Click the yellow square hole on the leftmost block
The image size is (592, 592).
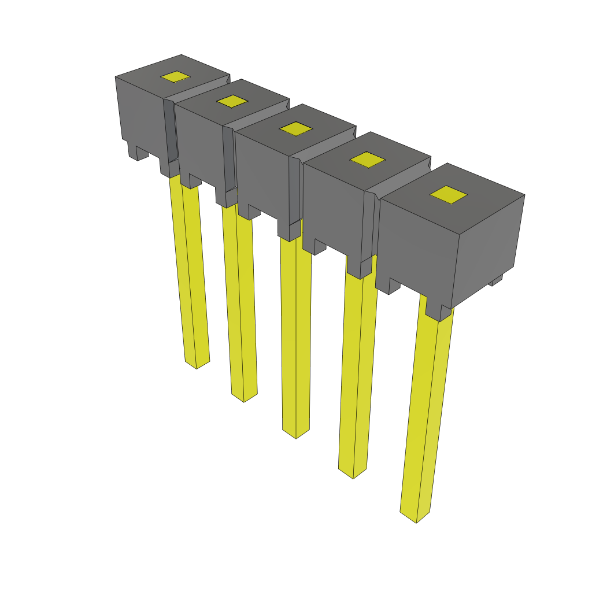[x=175, y=77]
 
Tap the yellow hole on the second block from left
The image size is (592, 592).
[x=232, y=101]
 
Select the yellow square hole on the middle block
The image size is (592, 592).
[x=297, y=128]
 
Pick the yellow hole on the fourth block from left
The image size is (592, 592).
[x=368, y=160]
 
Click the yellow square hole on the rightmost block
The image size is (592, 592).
[x=448, y=195]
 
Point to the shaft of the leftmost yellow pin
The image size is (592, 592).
[x=190, y=272]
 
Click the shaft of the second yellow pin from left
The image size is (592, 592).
[x=240, y=301]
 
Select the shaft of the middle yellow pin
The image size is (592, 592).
[x=295, y=335]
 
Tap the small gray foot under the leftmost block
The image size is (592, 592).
[x=138, y=153]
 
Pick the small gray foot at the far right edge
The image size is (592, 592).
[x=495, y=280]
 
